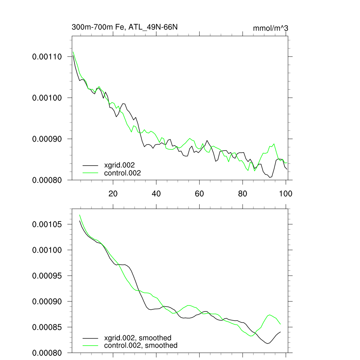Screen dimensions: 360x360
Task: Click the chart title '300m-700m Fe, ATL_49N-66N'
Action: click(x=127, y=27)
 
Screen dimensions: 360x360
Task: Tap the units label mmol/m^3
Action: click(x=270, y=28)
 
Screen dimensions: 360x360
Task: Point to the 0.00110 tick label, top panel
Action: click(x=47, y=57)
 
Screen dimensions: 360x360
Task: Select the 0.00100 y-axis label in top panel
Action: click(x=47, y=98)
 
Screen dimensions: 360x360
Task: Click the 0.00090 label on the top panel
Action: click(x=47, y=139)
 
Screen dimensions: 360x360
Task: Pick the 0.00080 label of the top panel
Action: click(x=47, y=180)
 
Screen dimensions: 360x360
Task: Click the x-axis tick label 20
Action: click(x=113, y=193)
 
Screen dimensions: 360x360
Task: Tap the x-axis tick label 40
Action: click(x=156, y=193)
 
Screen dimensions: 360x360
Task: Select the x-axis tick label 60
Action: click(x=199, y=193)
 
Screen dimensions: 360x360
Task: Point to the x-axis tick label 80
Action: click(x=243, y=193)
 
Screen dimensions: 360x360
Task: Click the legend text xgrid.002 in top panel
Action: click(x=120, y=165)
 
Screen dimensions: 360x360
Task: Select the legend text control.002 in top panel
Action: click(x=122, y=173)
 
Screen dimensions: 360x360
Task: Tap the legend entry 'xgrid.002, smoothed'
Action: click(x=138, y=338)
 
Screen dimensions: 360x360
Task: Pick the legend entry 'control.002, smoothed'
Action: click(x=141, y=346)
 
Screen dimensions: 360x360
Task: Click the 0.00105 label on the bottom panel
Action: click(x=47, y=224)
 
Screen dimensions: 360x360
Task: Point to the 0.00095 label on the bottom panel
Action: click(x=47, y=276)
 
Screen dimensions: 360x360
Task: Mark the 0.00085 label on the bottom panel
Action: click(x=47, y=327)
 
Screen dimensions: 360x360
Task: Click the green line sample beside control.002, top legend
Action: click(x=90, y=173)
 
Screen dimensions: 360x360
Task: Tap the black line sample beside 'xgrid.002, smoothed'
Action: click(x=90, y=338)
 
